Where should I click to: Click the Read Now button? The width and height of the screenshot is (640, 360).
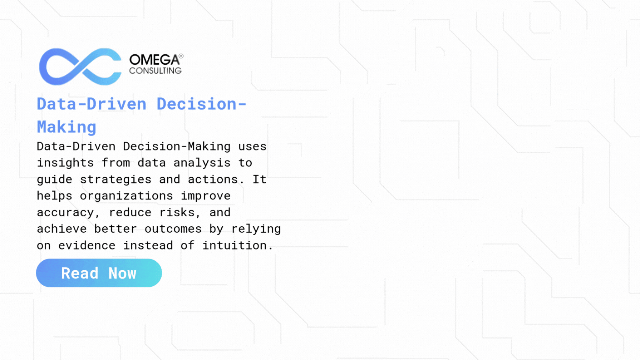click(x=99, y=273)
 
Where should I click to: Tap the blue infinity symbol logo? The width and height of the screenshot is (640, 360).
click(x=80, y=67)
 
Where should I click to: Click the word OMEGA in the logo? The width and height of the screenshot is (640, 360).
click(x=154, y=60)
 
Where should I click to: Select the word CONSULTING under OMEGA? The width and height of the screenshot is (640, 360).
click(x=155, y=71)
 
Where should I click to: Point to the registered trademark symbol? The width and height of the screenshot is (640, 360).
click(x=181, y=56)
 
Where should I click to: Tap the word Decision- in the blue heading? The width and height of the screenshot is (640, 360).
click(x=202, y=104)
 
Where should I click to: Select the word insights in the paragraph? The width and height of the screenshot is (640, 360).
click(x=65, y=163)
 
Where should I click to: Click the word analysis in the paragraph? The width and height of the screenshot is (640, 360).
click(x=202, y=163)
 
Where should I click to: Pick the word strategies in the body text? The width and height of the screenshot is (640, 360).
click(x=115, y=179)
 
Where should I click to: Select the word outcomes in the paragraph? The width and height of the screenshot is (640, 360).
click(x=173, y=229)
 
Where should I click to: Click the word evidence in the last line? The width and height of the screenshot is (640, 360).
click(x=87, y=246)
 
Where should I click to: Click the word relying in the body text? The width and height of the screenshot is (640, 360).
click(x=256, y=229)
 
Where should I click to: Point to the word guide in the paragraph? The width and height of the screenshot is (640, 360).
click(x=54, y=179)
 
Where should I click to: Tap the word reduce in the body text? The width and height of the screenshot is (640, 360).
click(x=130, y=213)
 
